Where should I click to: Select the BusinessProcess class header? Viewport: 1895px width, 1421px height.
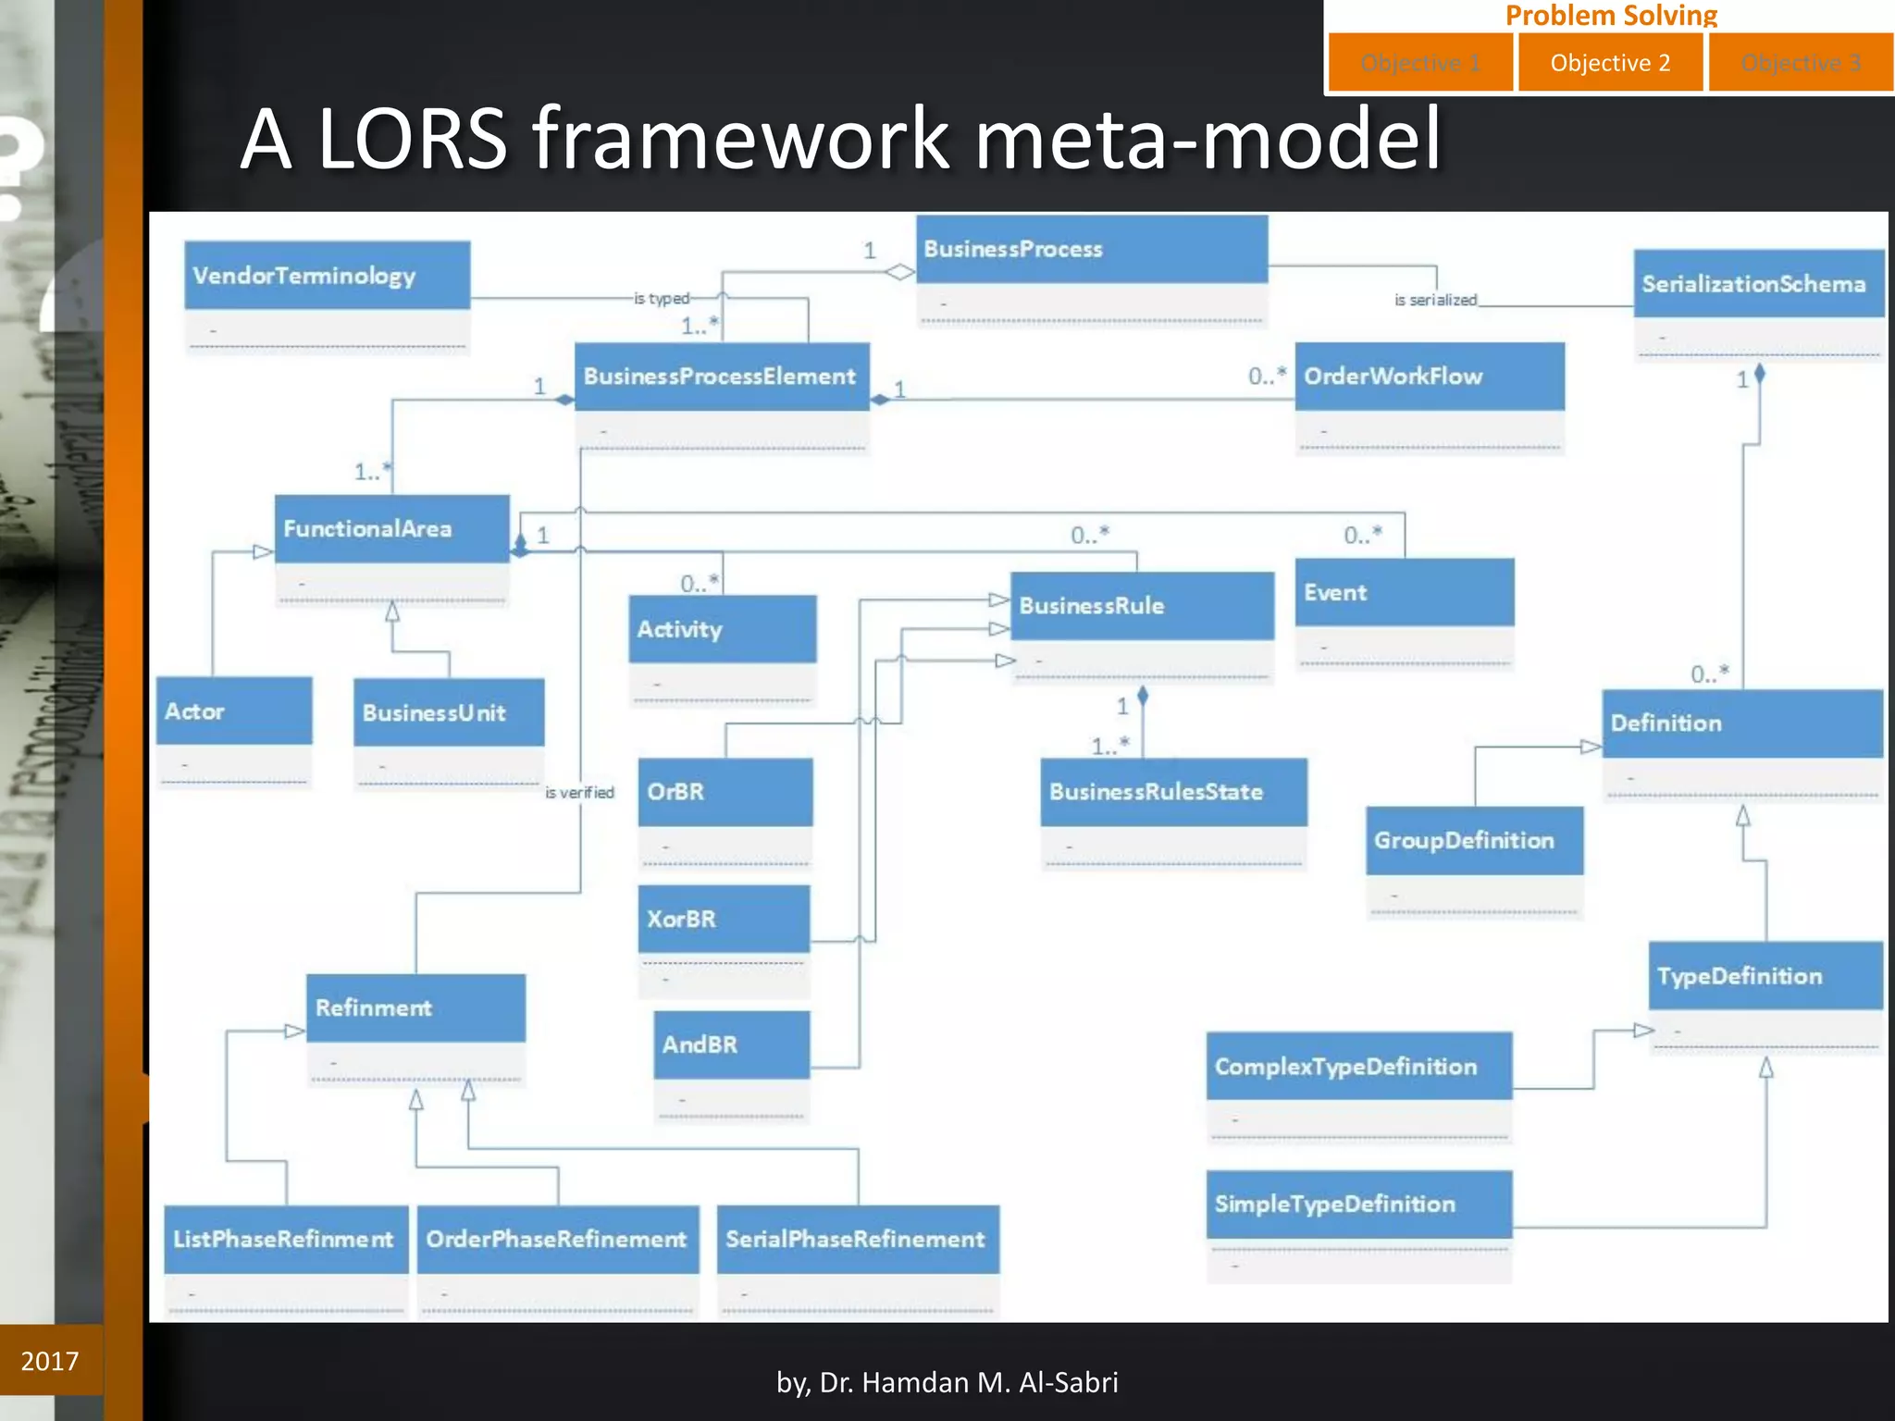pyautogui.click(x=1091, y=249)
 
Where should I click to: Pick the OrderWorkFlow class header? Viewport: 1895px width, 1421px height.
pyautogui.click(x=1429, y=377)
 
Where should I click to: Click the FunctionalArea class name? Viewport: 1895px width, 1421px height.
pyautogui.click(x=367, y=528)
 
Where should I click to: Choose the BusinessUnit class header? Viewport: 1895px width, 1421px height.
pyautogui.click(x=448, y=712)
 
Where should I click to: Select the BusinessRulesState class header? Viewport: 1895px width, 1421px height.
pyautogui.click(x=1172, y=792)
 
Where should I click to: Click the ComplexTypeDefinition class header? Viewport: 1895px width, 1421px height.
pyautogui.click(x=1358, y=1067)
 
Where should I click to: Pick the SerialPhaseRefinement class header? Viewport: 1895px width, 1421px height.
pyautogui.click(x=857, y=1239)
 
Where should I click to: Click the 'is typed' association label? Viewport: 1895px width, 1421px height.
pyautogui.click(x=662, y=299)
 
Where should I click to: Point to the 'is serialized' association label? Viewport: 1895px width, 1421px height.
pyautogui.click(x=1435, y=300)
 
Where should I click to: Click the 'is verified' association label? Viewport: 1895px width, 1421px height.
pyautogui.click(x=580, y=793)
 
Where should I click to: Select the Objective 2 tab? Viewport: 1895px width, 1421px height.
pyautogui.click(x=1610, y=63)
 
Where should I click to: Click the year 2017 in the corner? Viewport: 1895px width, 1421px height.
pyautogui.click(x=50, y=1361)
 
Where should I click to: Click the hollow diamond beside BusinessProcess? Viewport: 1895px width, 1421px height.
pyautogui.click(x=899, y=272)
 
